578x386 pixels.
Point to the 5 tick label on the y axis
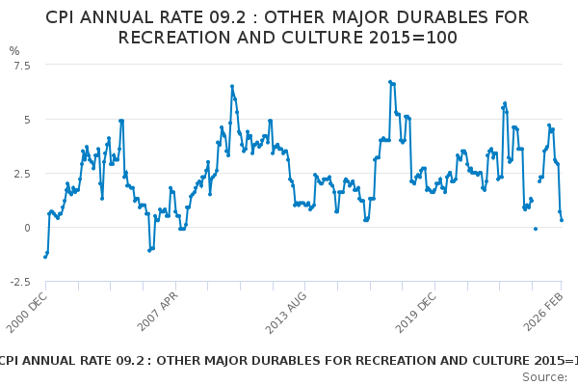tap(26, 119)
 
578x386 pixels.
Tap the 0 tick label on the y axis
tap(26, 227)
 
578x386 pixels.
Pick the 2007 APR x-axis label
tap(158, 311)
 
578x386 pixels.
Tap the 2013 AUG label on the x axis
tap(286, 311)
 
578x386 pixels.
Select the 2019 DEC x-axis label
tap(415, 311)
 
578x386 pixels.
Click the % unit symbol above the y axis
tap(14, 50)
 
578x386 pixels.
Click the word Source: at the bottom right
tap(544, 376)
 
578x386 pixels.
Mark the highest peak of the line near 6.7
tap(390, 82)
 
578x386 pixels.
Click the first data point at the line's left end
tap(45, 257)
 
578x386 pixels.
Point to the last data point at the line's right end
tap(562, 220)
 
